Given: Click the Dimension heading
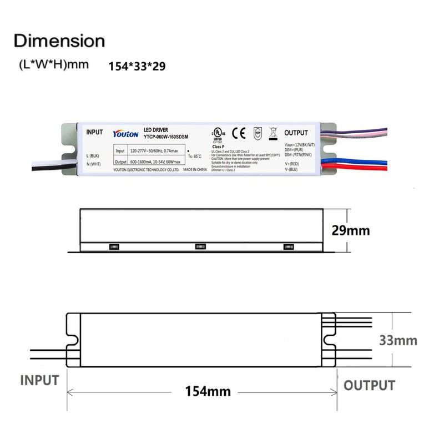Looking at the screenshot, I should (x=59, y=41).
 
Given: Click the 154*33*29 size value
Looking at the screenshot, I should (x=137, y=65).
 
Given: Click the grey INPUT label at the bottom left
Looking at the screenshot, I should (x=39, y=380).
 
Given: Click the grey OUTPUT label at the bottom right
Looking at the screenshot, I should (x=369, y=385).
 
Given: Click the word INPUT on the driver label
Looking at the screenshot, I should (x=95, y=132).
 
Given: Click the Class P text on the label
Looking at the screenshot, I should (x=219, y=146).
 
